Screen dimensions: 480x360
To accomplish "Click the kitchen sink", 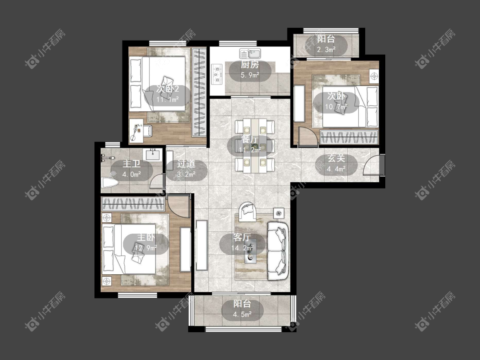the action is tap(250, 54).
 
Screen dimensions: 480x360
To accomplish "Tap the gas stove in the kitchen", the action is tap(217, 74).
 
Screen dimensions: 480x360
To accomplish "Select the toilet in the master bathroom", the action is tap(109, 183).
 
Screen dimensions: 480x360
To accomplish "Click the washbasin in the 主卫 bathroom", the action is tap(152, 154).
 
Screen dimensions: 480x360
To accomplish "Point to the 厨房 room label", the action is tap(250, 64).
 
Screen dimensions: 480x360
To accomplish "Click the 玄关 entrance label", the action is tap(336, 159).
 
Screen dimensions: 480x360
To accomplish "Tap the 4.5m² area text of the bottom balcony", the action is tap(242, 314).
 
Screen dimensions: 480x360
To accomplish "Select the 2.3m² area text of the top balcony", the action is tap(326, 49).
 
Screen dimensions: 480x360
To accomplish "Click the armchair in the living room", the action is tap(247, 211).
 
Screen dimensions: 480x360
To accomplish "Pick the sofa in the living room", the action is tap(278, 251).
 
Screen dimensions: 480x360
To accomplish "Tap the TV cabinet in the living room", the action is tap(202, 245).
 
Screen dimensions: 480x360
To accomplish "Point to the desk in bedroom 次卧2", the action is tap(136, 131).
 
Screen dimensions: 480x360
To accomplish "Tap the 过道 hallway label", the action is tap(186, 164).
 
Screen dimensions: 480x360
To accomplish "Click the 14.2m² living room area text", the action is tap(242, 248).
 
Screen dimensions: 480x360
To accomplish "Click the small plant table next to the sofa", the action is tap(279, 213).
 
